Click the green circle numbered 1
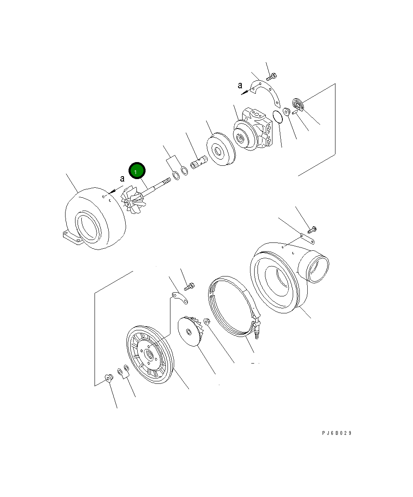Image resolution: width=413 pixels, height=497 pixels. click(136, 171)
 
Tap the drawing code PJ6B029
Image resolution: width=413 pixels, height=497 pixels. click(337, 433)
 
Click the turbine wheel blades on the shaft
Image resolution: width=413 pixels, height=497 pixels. click(133, 201)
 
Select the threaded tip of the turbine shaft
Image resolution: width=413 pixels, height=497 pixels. click(167, 181)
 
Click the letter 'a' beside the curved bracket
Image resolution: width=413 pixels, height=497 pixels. click(240, 85)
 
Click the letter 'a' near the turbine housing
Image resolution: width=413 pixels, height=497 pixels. click(122, 179)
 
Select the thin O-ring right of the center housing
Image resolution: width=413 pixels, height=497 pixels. click(278, 116)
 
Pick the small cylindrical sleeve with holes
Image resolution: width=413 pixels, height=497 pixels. click(199, 162)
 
